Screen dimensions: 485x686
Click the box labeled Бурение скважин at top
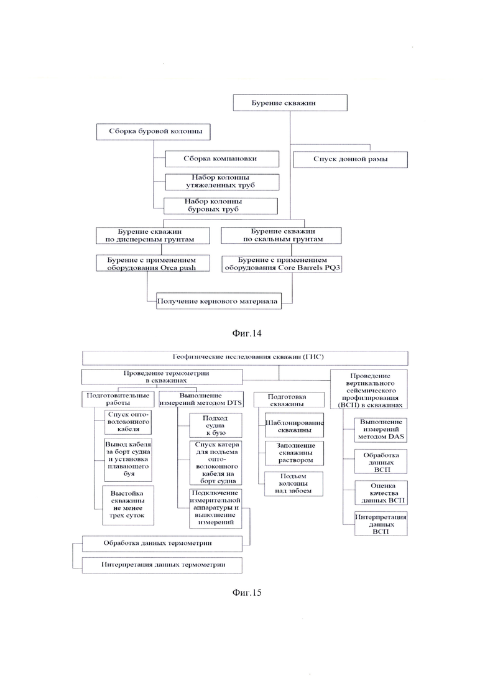(290, 103)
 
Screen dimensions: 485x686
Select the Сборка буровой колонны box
(153, 132)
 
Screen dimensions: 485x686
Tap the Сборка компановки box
(222, 159)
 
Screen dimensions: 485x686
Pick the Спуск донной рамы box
(350, 159)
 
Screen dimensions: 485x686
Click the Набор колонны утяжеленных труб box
(222, 182)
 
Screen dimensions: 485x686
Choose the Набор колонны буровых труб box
(220, 206)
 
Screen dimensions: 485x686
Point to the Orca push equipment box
(152, 263)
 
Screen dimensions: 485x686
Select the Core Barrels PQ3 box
(282, 264)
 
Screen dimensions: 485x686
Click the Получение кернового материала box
(219, 301)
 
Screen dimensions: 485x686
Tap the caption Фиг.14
(247, 333)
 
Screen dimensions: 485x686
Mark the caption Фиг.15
(247, 592)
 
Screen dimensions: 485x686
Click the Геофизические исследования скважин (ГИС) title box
(245, 358)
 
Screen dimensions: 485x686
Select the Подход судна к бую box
(215, 425)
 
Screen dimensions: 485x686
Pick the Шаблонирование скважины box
(294, 425)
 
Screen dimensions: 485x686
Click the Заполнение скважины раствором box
(294, 453)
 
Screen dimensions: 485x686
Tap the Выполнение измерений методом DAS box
(381, 430)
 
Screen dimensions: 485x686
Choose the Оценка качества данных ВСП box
(381, 493)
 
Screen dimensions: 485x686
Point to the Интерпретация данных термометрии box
(162, 565)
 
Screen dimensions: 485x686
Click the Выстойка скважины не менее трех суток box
(128, 505)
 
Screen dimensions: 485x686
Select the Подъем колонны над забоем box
(293, 483)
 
